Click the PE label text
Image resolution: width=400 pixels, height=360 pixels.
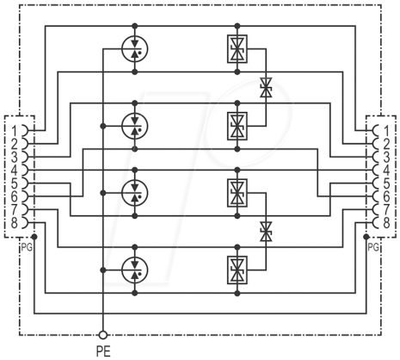pyautogui.click(x=103, y=351)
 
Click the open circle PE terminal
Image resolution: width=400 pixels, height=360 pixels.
pyautogui.click(x=103, y=335)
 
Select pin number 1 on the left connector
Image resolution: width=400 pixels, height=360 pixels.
pyautogui.click(x=15, y=131)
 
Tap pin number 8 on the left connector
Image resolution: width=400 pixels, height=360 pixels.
pyautogui.click(x=15, y=223)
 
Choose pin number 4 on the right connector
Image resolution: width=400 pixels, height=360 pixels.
pyautogui.click(x=386, y=171)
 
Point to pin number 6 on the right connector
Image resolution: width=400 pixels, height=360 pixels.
pyautogui.click(x=386, y=196)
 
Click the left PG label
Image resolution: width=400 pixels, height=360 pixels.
pyautogui.click(x=27, y=247)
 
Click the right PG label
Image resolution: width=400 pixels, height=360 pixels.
pyautogui.click(x=372, y=247)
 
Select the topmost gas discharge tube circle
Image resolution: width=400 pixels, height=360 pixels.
pyautogui.click(x=135, y=49)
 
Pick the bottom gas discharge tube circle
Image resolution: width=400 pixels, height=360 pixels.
pyautogui.click(x=135, y=270)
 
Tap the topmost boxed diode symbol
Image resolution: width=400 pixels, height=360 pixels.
pyautogui.click(x=237, y=49)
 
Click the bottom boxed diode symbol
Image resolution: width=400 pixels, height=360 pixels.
pyautogui.click(x=237, y=270)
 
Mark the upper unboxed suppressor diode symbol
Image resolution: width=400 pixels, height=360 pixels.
pyautogui.click(x=266, y=87)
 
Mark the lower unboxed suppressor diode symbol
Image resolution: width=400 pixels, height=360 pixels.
pyautogui.click(x=266, y=232)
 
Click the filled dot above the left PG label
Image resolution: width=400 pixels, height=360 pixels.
pyautogui.click(x=34, y=237)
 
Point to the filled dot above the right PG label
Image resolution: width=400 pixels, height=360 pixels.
pyautogui.click(x=366, y=237)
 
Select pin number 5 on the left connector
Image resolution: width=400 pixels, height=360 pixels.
pyautogui.click(x=15, y=183)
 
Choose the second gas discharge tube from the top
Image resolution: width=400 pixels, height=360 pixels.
pyautogui.click(x=135, y=126)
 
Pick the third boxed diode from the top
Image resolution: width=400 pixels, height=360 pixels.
pyautogui.click(x=237, y=193)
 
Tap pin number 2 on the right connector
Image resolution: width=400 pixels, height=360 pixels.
pyautogui.click(x=386, y=144)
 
